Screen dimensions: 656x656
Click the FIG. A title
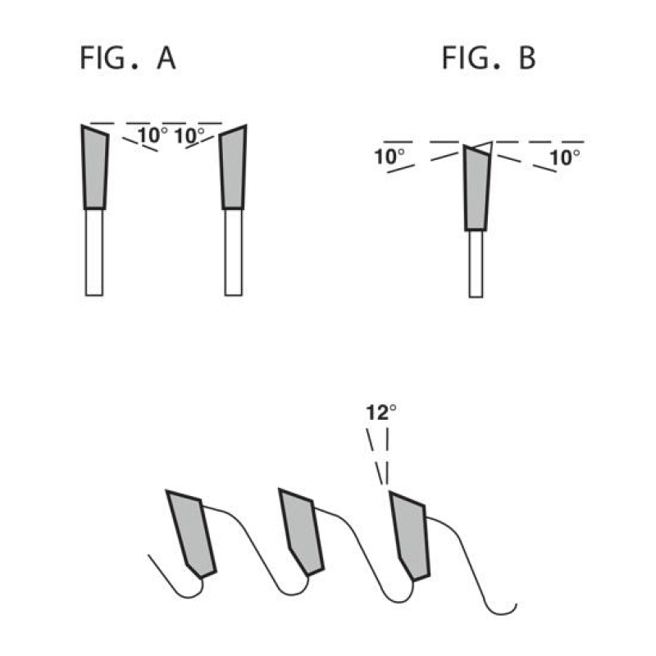[128, 58]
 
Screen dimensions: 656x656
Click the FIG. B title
[489, 58]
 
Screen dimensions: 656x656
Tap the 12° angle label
[381, 412]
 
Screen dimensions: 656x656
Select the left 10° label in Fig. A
[153, 135]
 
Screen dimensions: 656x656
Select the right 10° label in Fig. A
[189, 136]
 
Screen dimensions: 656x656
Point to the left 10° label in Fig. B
[389, 157]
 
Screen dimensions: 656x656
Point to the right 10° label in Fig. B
[565, 157]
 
